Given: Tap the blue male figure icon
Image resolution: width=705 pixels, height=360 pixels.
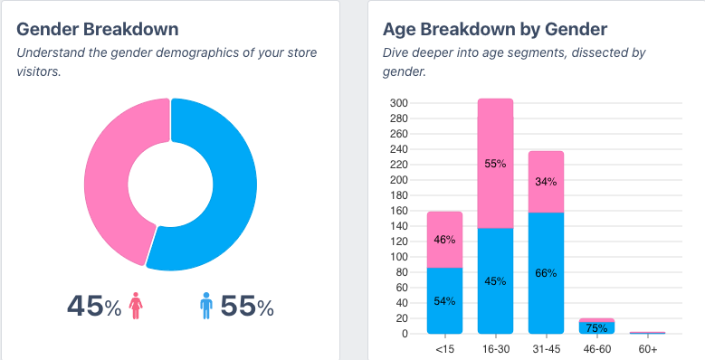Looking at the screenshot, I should click(205, 306).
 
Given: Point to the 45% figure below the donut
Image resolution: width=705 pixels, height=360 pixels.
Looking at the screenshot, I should click(93, 307).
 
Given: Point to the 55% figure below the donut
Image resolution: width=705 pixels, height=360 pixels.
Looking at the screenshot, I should click(247, 307).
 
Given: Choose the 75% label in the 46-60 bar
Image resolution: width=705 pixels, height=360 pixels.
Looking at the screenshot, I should click(596, 328).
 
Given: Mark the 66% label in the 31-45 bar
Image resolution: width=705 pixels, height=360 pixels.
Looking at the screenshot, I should click(546, 273).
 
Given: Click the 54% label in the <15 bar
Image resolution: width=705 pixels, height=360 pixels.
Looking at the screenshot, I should click(444, 301).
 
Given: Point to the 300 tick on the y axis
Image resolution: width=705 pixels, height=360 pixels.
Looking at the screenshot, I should click(399, 103).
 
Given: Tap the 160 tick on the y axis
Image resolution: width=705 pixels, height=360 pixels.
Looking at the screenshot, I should click(399, 211).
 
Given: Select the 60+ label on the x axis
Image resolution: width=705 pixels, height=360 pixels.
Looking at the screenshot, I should click(647, 348).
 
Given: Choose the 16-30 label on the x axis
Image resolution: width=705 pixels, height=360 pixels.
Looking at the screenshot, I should click(496, 348).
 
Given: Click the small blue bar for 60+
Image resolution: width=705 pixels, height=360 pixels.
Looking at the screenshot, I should click(647, 332).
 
